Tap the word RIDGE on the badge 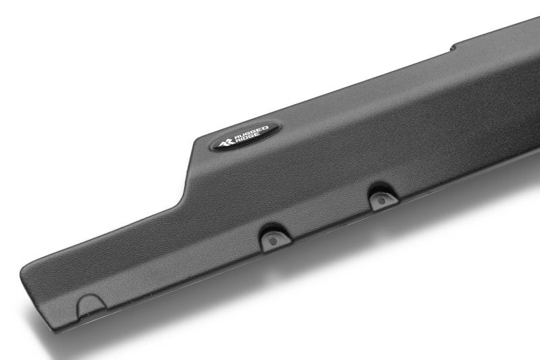249,138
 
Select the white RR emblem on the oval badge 225,142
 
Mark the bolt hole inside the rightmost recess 382,200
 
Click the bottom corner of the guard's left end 54,330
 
